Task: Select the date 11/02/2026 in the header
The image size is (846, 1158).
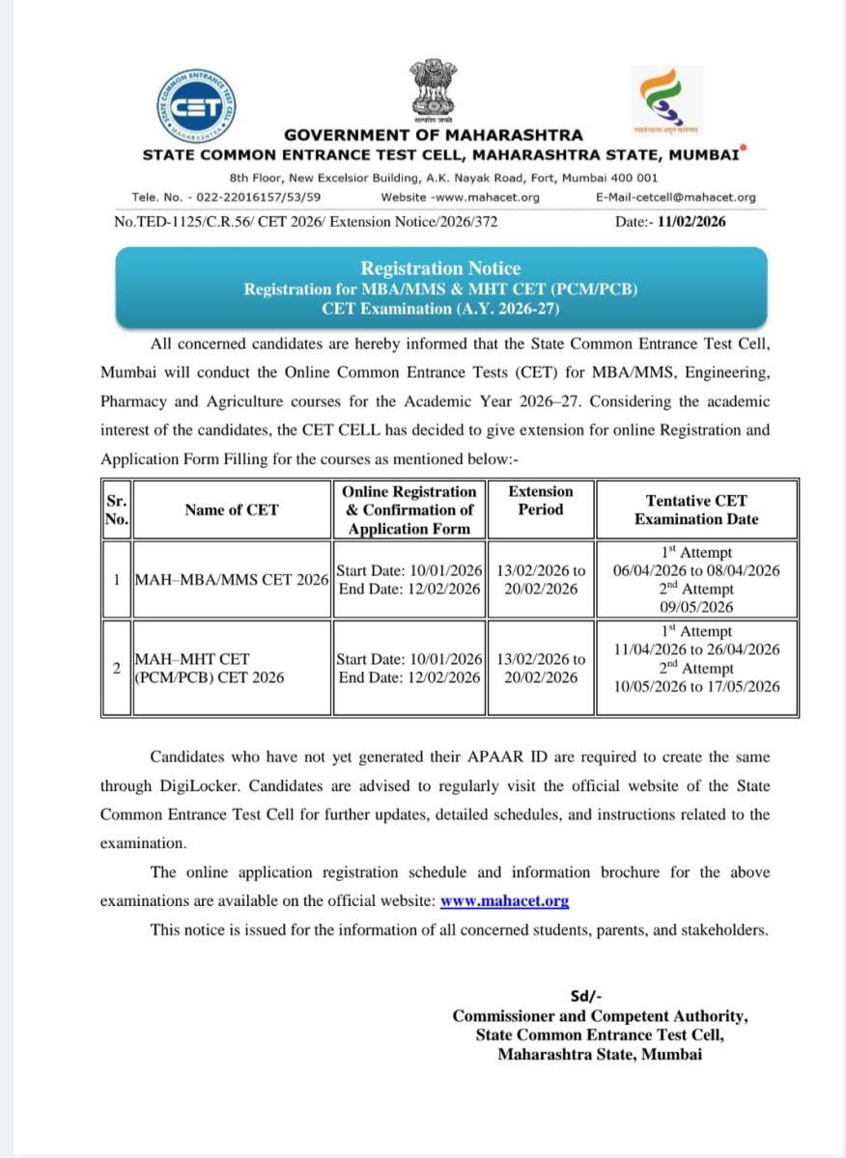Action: (x=691, y=221)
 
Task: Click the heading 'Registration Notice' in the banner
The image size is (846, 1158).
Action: (x=440, y=268)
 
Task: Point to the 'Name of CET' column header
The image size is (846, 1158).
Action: (x=231, y=510)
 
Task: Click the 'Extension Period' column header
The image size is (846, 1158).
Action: (x=541, y=500)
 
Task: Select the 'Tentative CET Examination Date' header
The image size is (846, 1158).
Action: (x=696, y=510)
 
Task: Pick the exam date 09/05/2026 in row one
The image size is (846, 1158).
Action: (x=696, y=607)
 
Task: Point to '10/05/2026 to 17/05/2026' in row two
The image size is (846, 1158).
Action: (x=696, y=686)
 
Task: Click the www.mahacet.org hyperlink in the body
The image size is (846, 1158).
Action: (x=504, y=901)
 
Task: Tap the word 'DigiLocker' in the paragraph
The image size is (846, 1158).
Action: (x=202, y=786)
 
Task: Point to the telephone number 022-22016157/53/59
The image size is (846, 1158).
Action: (x=257, y=197)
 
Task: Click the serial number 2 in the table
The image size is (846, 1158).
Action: (x=116, y=668)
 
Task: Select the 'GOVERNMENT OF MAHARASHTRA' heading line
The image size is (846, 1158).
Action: (x=434, y=135)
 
